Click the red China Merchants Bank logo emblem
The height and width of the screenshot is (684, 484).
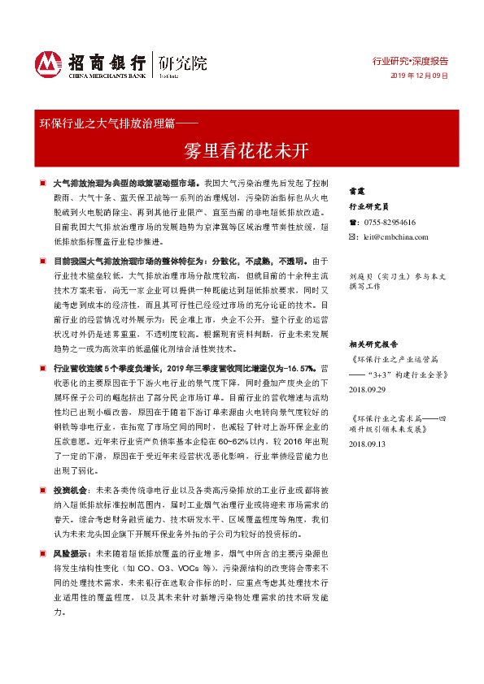[49, 64]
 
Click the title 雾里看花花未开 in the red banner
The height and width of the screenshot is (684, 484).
[242, 150]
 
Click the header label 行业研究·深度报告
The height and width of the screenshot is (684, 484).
[410, 61]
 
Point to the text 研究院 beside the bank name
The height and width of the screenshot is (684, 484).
[183, 62]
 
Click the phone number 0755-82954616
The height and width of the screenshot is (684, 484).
[390, 222]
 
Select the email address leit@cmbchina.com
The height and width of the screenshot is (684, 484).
[395, 236]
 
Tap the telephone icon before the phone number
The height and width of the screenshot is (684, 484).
[353, 222]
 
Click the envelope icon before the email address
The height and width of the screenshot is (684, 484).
[353, 236]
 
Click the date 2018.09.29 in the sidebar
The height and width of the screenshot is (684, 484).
[370, 390]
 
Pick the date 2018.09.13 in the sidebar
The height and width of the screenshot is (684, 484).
[370, 444]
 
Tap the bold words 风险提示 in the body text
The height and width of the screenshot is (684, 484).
[72, 552]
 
